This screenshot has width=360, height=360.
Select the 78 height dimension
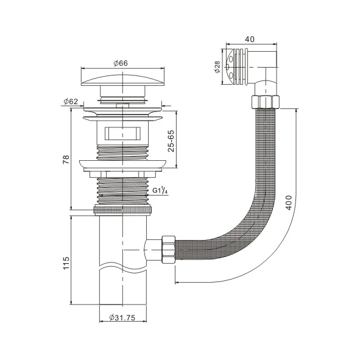[66, 160]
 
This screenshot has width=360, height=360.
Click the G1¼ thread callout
[161, 192]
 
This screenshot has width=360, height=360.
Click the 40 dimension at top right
[249, 38]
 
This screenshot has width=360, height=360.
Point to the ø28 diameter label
[217, 67]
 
